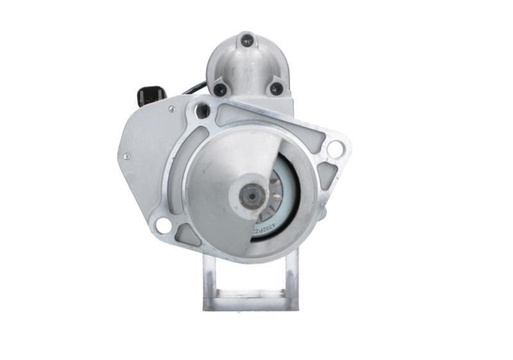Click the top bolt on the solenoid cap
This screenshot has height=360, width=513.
(x=247, y=40)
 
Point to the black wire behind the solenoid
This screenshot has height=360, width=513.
(x=194, y=89)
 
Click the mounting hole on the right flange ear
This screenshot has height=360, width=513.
(x=335, y=149)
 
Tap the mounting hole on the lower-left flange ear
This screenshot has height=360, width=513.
(x=163, y=225)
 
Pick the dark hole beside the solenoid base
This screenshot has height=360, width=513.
(x=203, y=110)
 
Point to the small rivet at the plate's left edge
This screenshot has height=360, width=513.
(x=128, y=156)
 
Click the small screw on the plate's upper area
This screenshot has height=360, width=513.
(x=171, y=109)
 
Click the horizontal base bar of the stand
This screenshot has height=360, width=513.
(x=250, y=296)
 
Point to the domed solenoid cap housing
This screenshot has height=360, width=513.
(x=247, y=64)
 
